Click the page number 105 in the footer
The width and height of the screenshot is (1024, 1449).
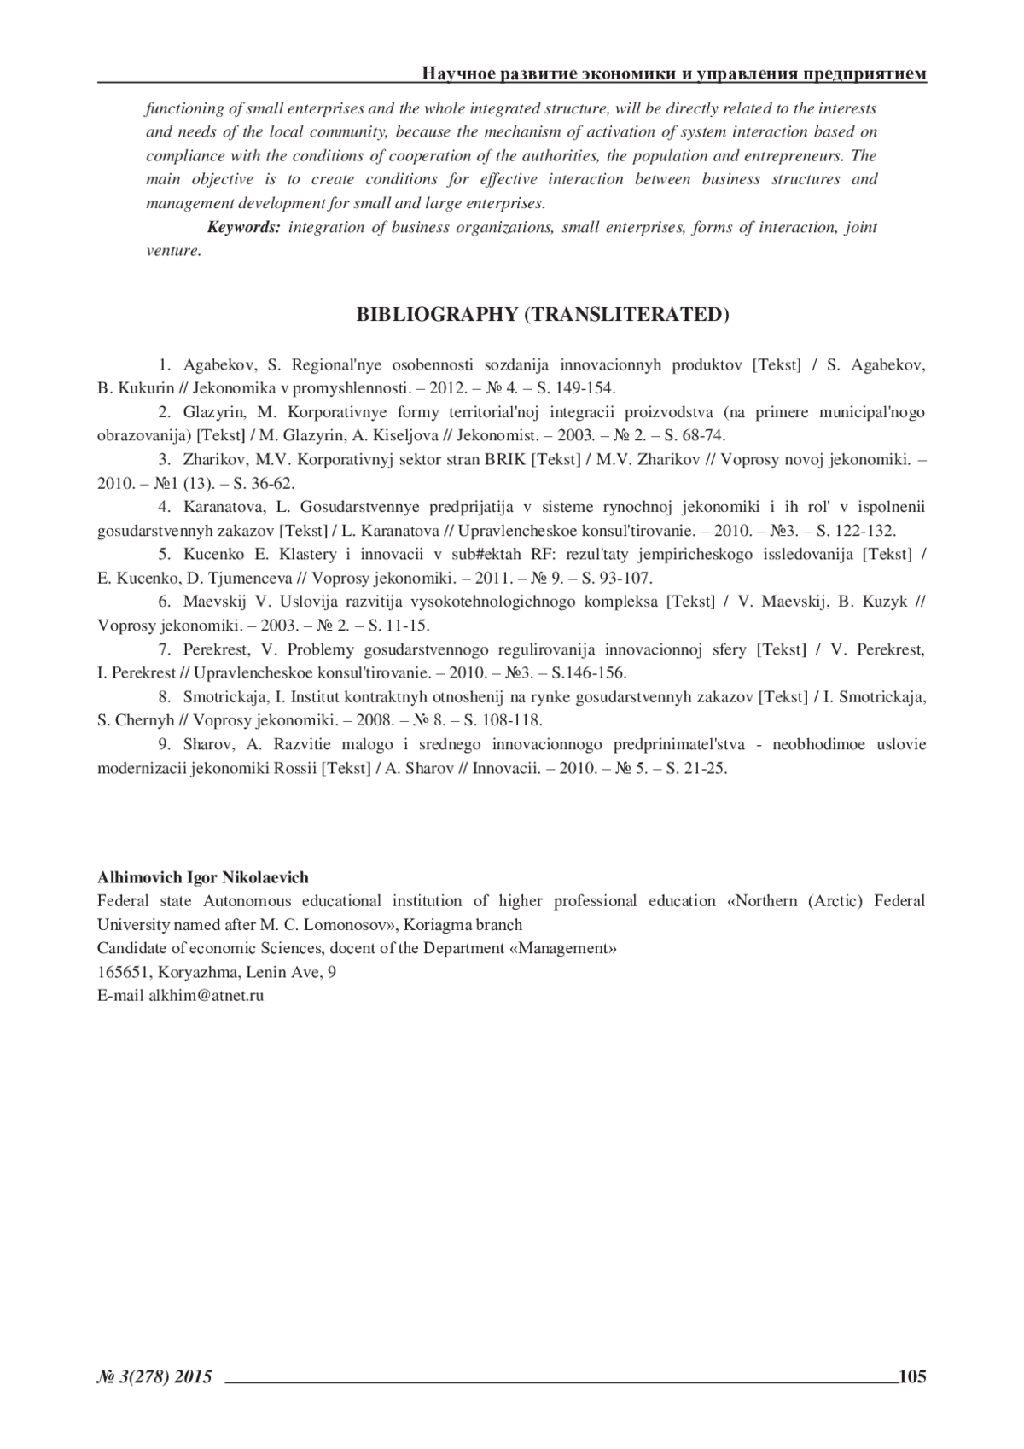(911, 1376)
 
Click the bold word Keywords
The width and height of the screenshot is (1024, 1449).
(243, 227)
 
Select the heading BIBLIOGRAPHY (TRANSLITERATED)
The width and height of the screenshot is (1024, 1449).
(542, 314)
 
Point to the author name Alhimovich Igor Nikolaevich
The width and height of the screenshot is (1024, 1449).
(203, 877)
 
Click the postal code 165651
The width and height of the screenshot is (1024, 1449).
(120, 972)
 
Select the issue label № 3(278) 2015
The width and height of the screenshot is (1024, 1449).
(154, 1376)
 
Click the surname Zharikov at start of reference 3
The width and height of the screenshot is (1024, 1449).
(213, 459)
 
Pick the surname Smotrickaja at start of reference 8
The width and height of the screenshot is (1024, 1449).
(224, 696)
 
